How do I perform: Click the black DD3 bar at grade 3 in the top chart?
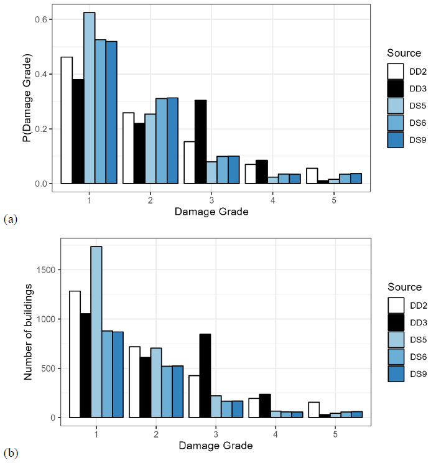(201, 142)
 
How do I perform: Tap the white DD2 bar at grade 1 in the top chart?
(67, 120)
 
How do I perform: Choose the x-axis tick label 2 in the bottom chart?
(155, 434)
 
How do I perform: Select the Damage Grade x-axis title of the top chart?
(211, 212)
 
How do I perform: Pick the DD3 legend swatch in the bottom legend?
(397, 322)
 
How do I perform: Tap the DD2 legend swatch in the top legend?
(396, 71)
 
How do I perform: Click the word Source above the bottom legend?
(404, 288)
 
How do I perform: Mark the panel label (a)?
(11, 218)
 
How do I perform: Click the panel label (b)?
(11, 452)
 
